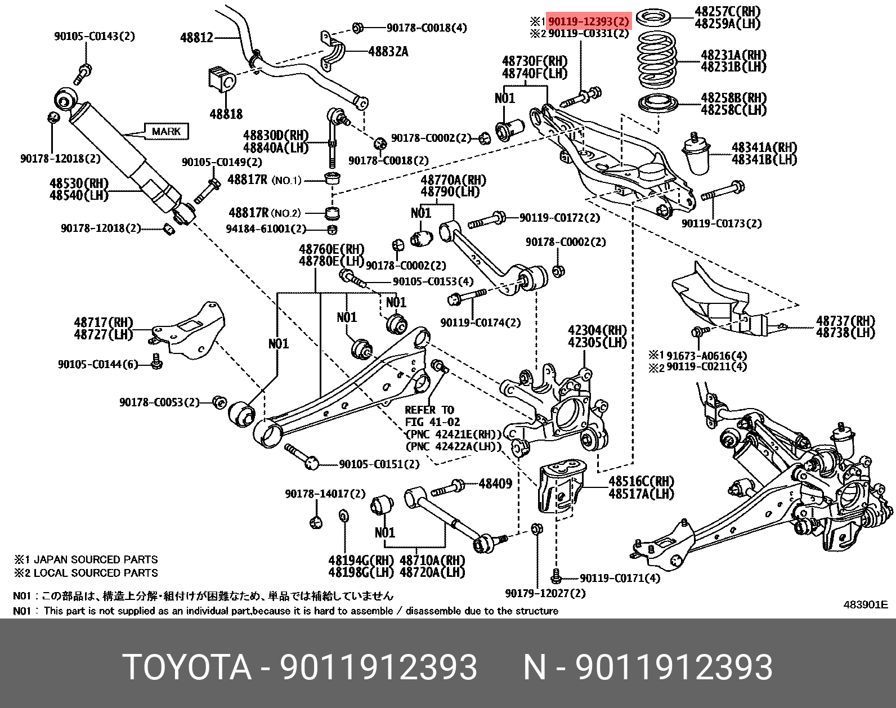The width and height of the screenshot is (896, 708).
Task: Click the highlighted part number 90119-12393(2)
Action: [x=588, y=21]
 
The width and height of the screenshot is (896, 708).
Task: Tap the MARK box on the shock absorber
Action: [x=166, y=132]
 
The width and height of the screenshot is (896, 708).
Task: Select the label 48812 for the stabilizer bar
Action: [x=196, y=38]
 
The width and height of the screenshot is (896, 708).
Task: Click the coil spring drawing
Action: [x=657, y=61]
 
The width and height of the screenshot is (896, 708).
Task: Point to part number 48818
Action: [x=226, y=114]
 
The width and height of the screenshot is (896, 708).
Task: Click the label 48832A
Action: [x=388, y=52]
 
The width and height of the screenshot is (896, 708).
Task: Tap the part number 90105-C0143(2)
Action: [x=95, y=36]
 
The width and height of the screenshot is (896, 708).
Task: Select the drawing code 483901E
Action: [x=866, y=604]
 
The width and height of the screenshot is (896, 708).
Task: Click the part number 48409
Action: [x=495, y=483]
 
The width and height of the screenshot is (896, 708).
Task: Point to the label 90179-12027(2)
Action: [x=545, y=593]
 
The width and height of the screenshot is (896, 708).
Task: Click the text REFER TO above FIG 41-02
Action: [x=429, y=410]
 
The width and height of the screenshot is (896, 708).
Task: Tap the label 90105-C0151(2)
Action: [x=379, y=464]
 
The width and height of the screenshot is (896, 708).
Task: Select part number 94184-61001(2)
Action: [x=266, y=228]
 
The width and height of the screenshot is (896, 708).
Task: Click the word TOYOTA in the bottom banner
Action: [x=188, y=667]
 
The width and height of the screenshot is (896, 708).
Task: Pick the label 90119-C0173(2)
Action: [x=722, y=223]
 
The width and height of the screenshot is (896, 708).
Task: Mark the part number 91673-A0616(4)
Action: [x=706, y=356]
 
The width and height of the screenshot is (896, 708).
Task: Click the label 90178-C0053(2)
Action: [x=159, y=402]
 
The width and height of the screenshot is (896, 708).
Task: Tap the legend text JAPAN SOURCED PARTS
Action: [x=96, y=559]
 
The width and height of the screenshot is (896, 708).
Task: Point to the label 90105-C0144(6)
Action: [x=98, y=365]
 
